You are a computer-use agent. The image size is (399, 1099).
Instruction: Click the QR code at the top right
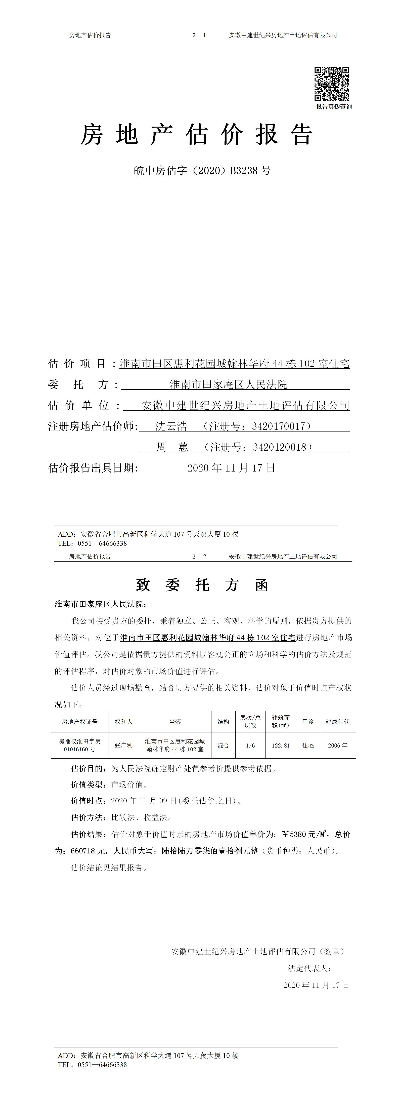pos(332,84)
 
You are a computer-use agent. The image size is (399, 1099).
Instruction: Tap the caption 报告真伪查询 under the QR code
pos(334,107)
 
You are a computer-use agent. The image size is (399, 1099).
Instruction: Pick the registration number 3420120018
pos(280,447)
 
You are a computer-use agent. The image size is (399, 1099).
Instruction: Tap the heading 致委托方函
pos(202,585)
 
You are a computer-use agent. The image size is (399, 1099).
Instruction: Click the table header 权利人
pos(124,721)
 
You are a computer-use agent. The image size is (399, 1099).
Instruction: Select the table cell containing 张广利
pos(124,745)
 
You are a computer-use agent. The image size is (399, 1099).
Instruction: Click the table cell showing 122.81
pos(281,745)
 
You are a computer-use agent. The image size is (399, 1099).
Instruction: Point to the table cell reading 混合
pos(223,745)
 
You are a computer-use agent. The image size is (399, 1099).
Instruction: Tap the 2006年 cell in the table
pos(338,745)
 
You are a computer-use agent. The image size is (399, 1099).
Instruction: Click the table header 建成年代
pos(338,721)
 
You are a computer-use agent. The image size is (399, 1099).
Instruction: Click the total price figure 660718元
pos(87,851)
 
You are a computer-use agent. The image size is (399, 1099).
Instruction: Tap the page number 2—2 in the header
pos(199,556)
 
